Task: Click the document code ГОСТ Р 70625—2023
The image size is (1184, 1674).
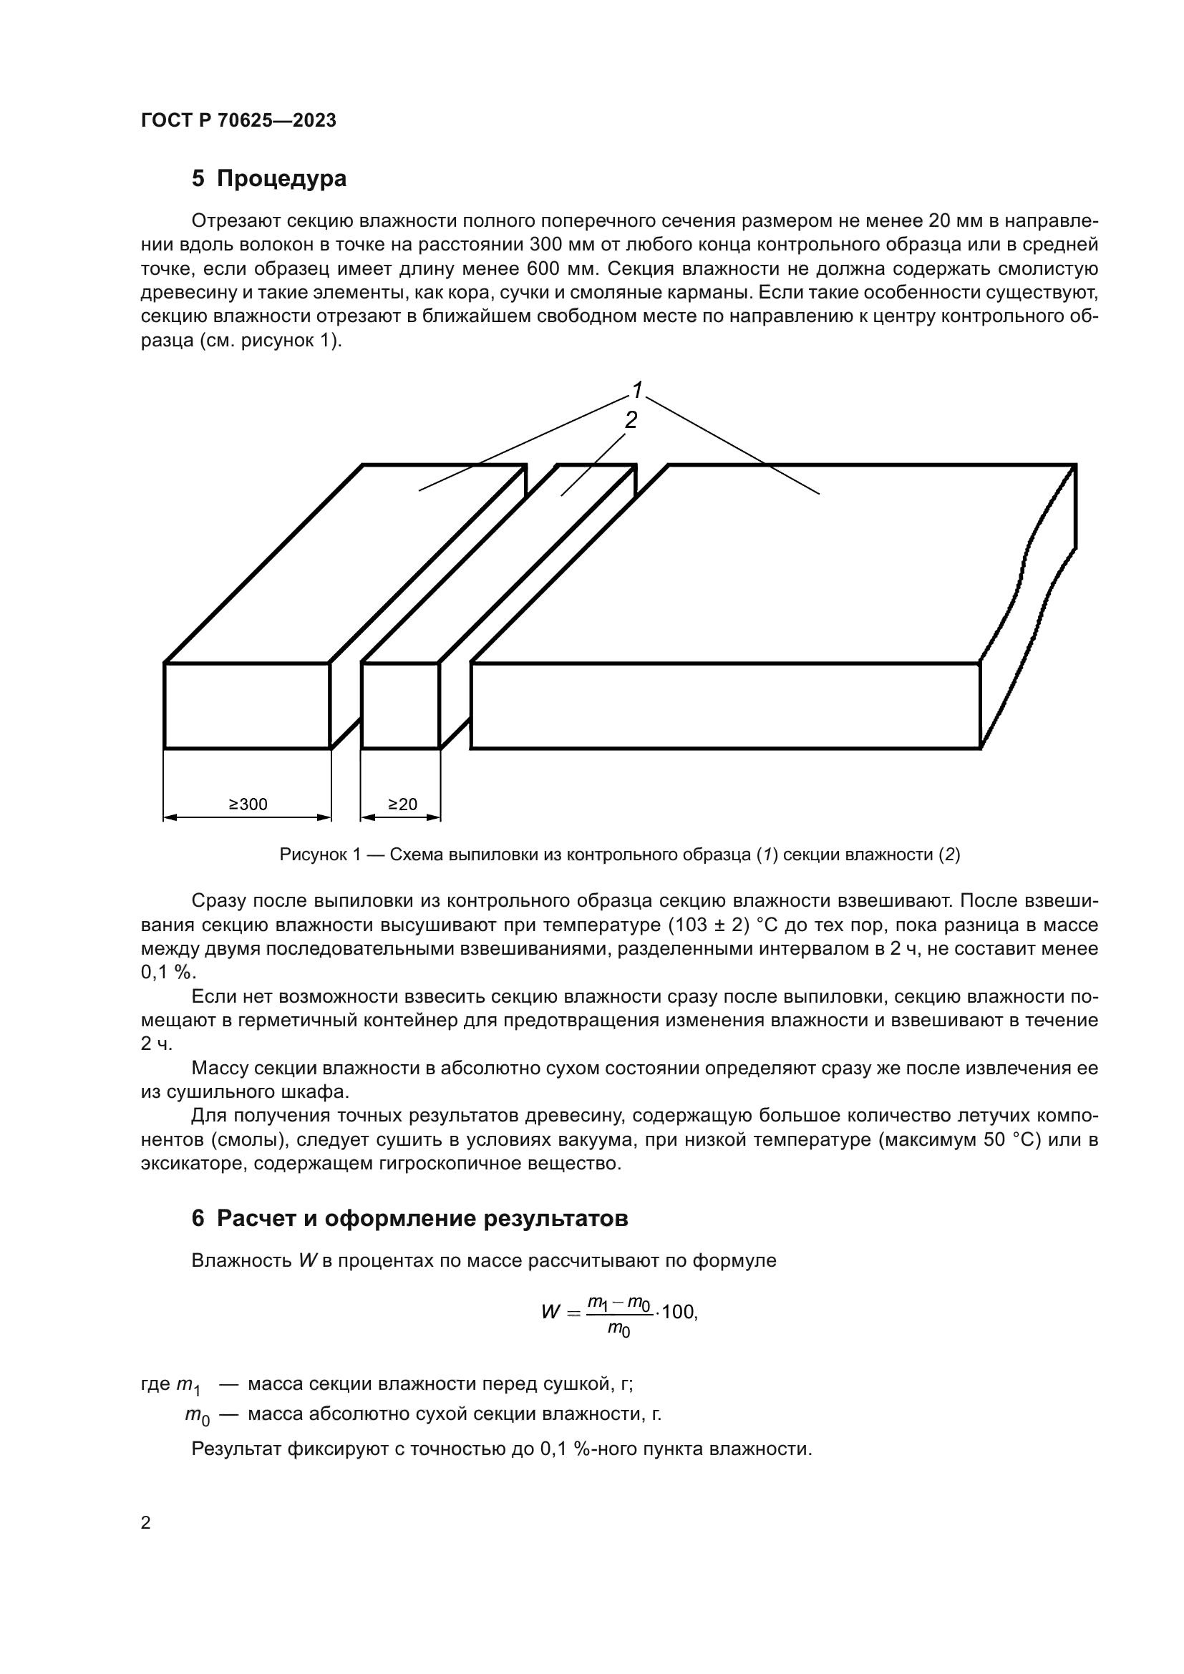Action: coord(238,120)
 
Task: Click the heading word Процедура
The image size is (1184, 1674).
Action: coord(281,179)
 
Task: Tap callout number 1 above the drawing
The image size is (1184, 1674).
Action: coord(637,390)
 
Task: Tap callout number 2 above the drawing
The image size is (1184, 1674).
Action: coord(631,419)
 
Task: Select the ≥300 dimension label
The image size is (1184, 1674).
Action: coord(248,804)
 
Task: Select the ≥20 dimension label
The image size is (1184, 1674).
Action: coord(402,804)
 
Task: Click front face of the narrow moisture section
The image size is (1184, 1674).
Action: coord(400,705)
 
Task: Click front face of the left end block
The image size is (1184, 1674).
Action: coord(246,705)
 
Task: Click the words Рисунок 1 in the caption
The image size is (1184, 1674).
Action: coord(320,855)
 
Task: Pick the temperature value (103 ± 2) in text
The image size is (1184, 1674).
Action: coord(709,925)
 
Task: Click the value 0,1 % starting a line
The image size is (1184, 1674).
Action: coord(168,973)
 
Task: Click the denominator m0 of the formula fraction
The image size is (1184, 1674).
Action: coord(619,1328)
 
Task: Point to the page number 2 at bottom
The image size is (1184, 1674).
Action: coord(146,1522)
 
